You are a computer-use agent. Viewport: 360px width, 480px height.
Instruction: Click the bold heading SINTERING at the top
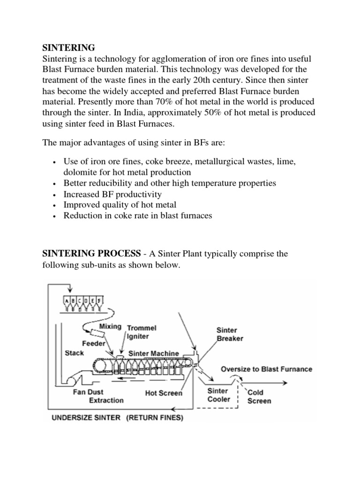click(x=68, y=48)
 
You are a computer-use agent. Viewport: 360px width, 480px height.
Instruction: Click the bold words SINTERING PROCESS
click(x=91, y=254)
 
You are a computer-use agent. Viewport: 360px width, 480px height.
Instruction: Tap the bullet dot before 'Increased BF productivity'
click(x=56, y=194)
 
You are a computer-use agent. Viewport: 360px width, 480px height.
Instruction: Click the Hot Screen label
click(x=163, y=393)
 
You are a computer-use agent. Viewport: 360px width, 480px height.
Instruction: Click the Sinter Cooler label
click(x=218, y=395)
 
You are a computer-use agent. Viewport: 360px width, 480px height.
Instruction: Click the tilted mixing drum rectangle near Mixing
click(x=98, y=333)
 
